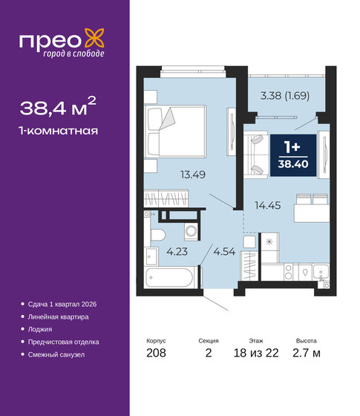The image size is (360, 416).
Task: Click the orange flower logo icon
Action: click(x=92, y=36)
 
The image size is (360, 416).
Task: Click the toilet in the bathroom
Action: click(x=157, y=233)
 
